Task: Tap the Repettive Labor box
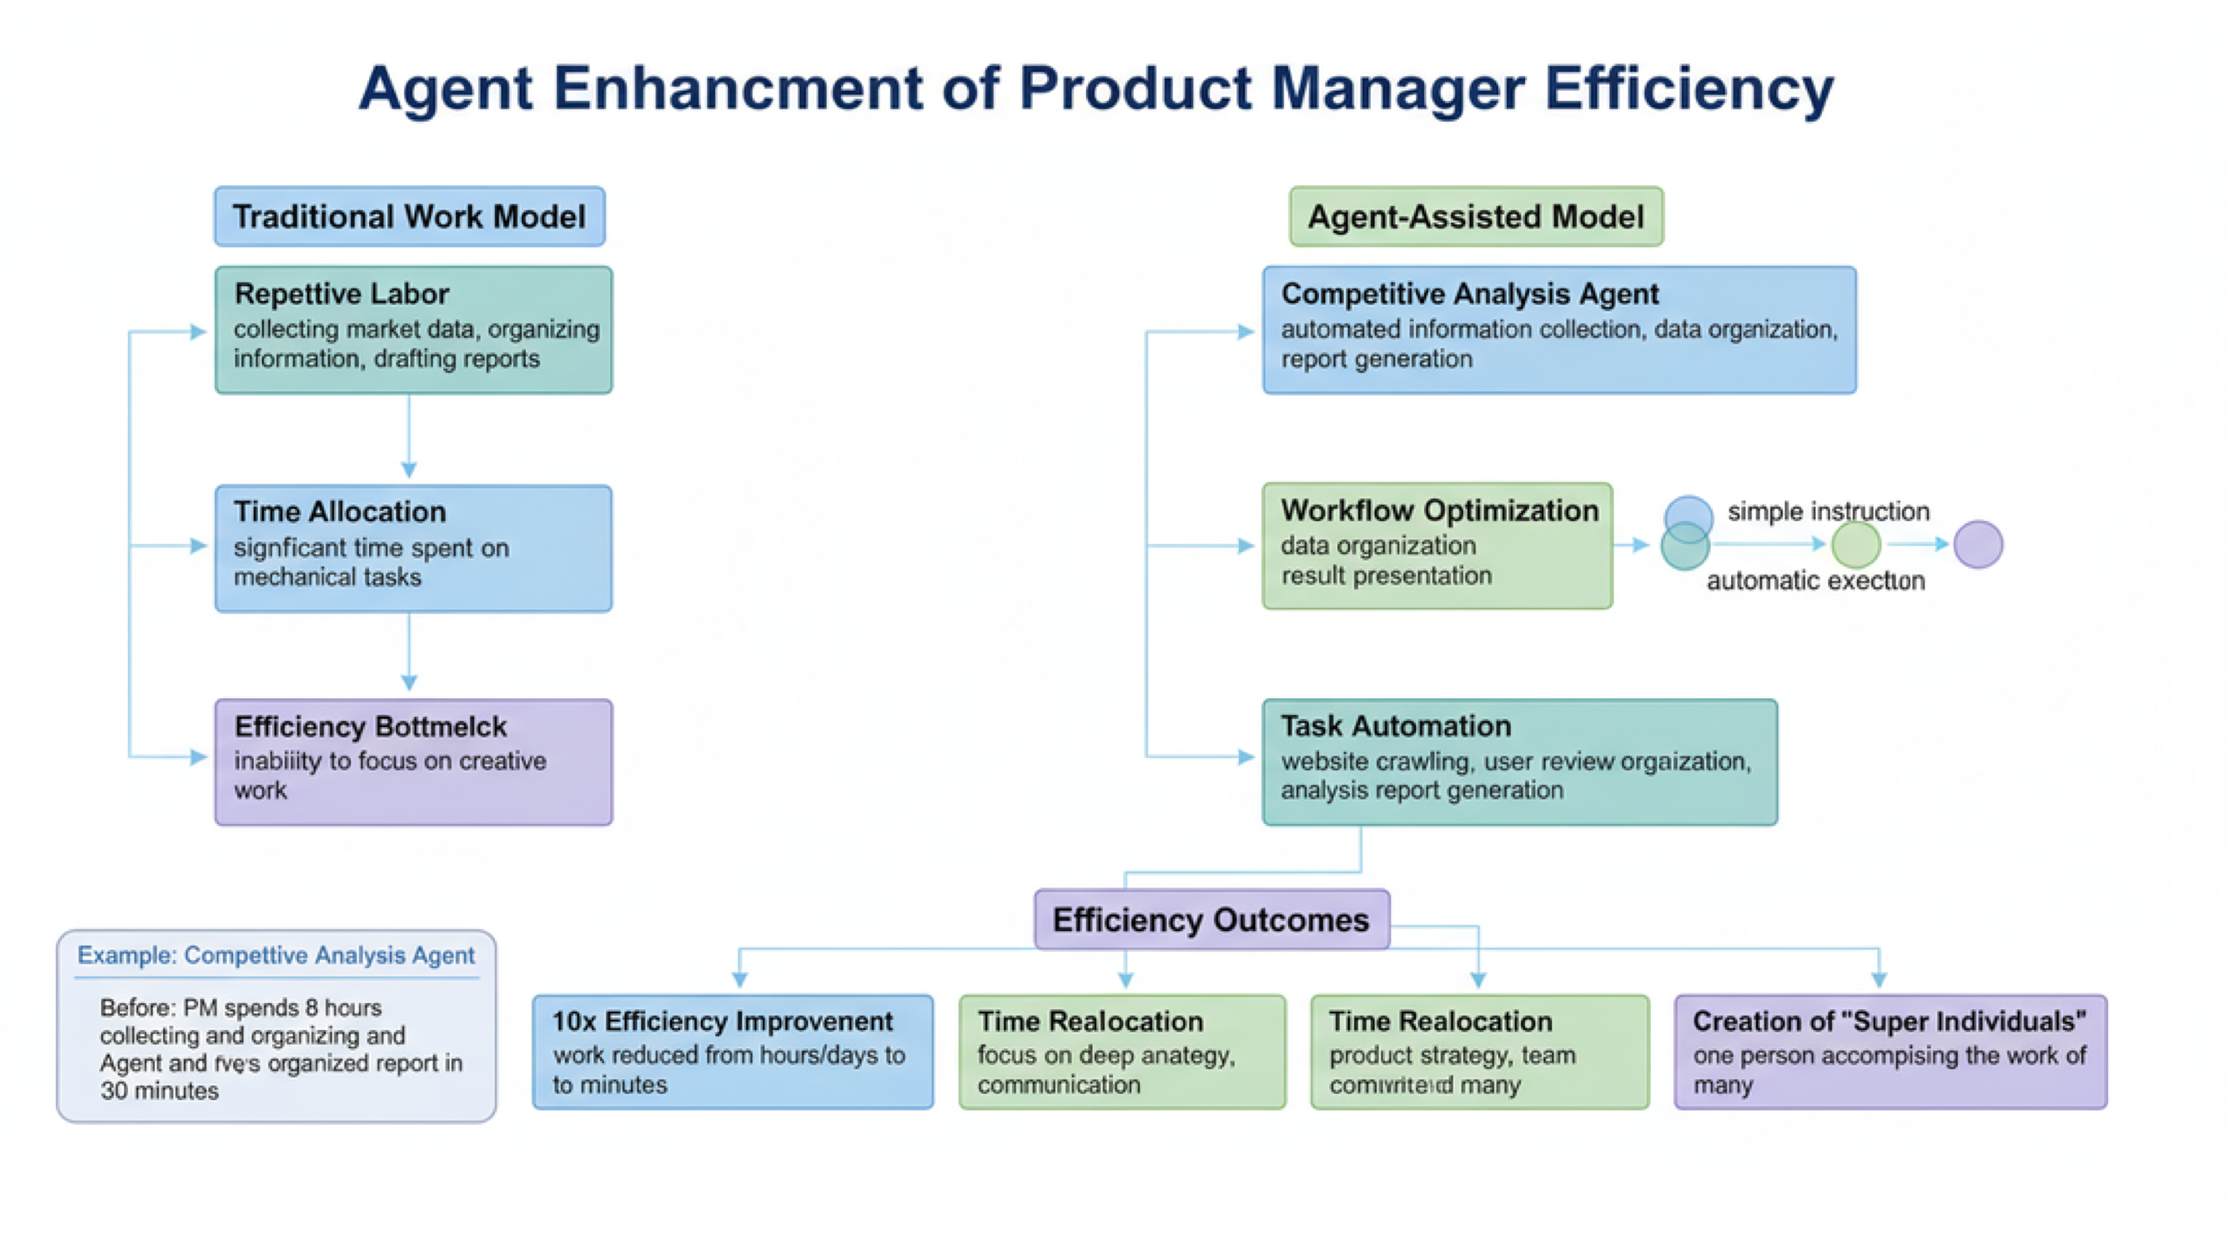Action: pyautogui.click(x=414, y=330)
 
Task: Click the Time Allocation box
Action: pyautogui.click(x=414, y=549)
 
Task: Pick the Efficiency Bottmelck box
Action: pyautogui.click(x=414, y=762)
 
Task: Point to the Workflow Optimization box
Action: pyautogui.click(x=1437, y=546)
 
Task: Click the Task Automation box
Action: pyautogui.click(x=1520, y=762)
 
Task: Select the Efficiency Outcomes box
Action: pyautogui.click(x=1212, y=920)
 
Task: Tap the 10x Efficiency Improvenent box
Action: pyautogui.click(x=733, y=1052)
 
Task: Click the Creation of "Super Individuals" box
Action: pyautogui.click(x=1891, y=1052)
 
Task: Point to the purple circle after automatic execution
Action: pyautogui.click(x=1978, y=545)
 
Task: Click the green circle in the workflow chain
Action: pyautogui.click(x=1856, y=545)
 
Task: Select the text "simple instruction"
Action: pyautogui.click(x=1828, y=511)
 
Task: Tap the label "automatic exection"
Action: pyautogui.click(x=1815, y=581)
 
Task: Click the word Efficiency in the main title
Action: pyautogui.click(x=1689, y=89)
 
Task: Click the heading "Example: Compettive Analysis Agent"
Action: pyautogui.click(x=277, y=955)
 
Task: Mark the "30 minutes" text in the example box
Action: pyautogui.click(x=160, y=1091)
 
